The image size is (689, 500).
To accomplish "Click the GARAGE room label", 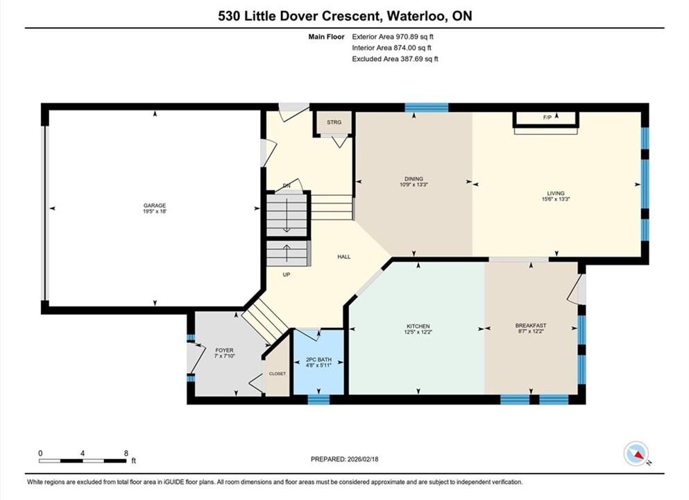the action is pos(155,206).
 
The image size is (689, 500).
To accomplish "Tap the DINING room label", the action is pos(414,179).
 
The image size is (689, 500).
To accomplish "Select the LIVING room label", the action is pos(556,193).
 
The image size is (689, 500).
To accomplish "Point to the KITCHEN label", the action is pos(418,326).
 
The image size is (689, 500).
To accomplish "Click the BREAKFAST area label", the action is pos(531,326).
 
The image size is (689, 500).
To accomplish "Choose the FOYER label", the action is pos(225,351).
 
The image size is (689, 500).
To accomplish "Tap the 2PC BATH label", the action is pos(318,360).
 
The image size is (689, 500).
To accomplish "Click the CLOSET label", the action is pos(278,374).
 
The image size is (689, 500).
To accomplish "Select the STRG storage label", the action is pos(334,122).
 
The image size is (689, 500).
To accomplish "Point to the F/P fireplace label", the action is pos(547,117).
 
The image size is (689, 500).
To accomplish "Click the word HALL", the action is pos(344,257).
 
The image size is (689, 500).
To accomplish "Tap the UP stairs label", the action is pos(287,275).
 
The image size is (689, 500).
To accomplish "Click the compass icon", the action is pos(636,453).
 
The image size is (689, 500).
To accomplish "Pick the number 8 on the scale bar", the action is pos(126,453).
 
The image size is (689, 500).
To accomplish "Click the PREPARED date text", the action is pos(344,459).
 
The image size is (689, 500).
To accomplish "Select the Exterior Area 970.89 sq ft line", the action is pos(393,37).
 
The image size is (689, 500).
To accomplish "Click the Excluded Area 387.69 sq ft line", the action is pos(395,59).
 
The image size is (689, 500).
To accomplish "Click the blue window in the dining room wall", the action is pos(426,108).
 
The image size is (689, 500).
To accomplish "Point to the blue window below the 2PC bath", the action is pos(318,399).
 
